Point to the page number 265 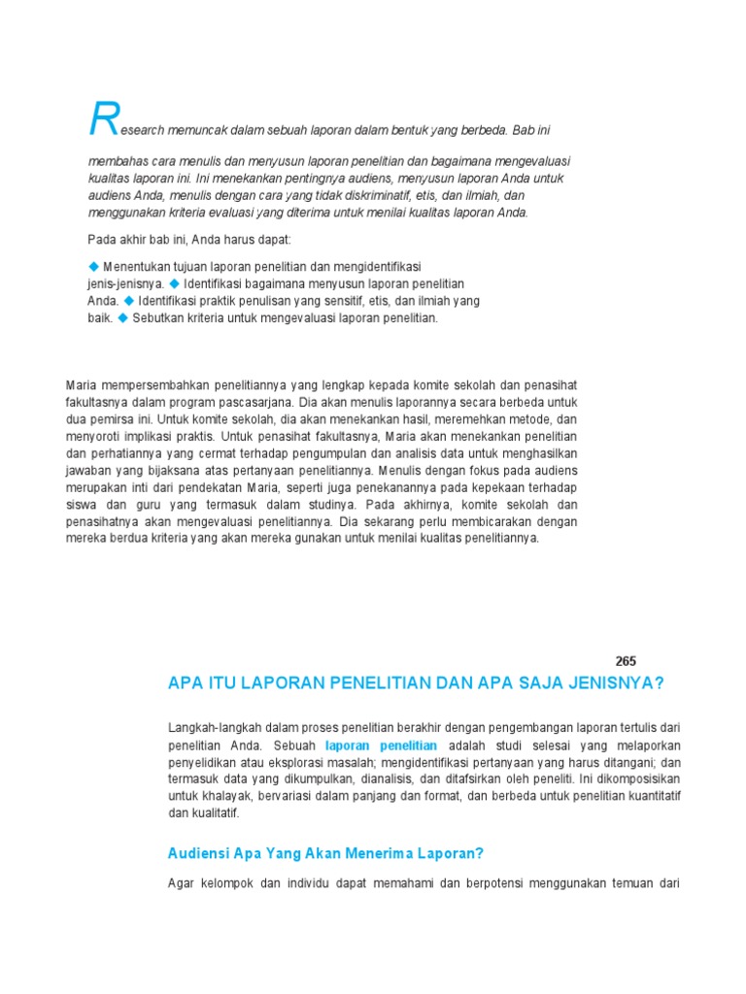(626, 660)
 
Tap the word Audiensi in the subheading (198, 854)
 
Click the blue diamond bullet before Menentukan (94, 265)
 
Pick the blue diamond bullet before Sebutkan (123, 317)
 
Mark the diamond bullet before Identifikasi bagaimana (175, 282)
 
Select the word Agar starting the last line (182, 883)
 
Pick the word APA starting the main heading (185, 683)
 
